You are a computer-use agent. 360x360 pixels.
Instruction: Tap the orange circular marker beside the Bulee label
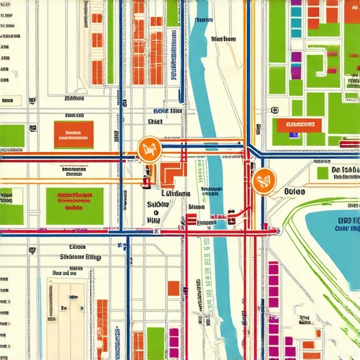pyautogui.click(x=262, y=181)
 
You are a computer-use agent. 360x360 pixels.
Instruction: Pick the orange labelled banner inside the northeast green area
pyautogui.click(x=299, y=126)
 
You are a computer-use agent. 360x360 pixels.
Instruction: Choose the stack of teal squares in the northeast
pyautogui.click(x=296, y=18)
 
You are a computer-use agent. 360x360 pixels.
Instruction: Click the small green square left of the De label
pyautogui.click(x=322, y=174)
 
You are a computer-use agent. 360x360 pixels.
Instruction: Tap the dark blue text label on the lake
pyautogui.click(x=345, y=223)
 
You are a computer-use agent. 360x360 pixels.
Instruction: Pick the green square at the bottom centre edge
pyautogui.click(x=155, y=343)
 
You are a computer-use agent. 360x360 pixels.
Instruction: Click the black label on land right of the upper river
pyautogui.click(x=223, y=39)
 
